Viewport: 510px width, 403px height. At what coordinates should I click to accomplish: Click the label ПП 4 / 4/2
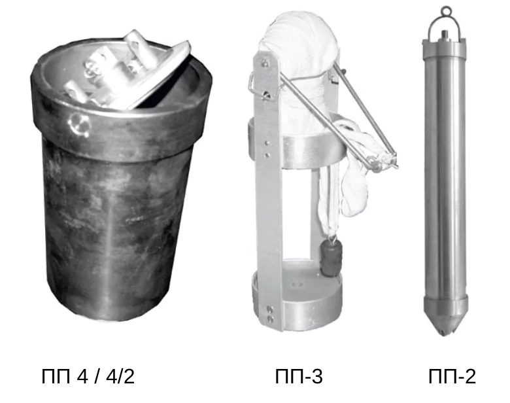point(88,376)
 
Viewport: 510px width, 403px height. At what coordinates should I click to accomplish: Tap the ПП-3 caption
point(299,376)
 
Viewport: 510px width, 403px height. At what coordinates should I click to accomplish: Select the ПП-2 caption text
point(452,376)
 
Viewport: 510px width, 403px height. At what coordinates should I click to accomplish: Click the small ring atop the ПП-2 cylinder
point(446,11)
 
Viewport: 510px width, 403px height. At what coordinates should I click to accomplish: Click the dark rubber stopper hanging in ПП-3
point(331,260)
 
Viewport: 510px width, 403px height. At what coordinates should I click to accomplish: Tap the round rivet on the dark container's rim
point(78,124)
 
